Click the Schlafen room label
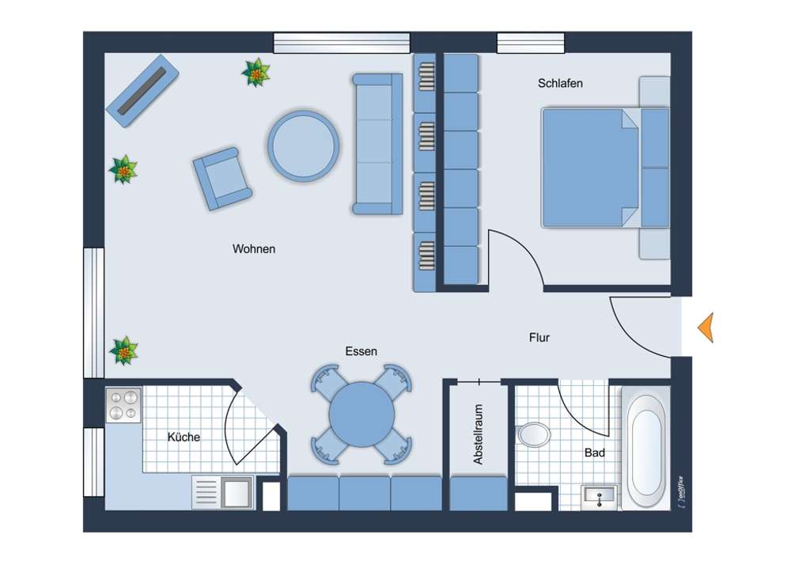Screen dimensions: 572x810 [560, 83]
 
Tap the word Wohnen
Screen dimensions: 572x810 [254, 249]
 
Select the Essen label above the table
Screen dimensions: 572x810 [361, 351]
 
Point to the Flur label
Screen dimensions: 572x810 [539, 338]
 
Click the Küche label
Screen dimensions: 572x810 [184, 437]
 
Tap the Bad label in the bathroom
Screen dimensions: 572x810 [595, 453]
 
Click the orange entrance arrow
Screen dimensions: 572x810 [705, 328]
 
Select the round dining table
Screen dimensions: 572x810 [361, 415]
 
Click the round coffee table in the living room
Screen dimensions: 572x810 [304, 146]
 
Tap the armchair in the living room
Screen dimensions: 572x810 [221, 178]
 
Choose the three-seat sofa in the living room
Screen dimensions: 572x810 [377, 144]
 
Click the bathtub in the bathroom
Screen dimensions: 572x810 [645, 446]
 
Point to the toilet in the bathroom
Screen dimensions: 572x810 [534, 434]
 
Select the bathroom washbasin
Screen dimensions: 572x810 [599, 497]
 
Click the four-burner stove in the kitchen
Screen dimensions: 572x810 [123, 404]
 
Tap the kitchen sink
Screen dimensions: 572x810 [237, 492]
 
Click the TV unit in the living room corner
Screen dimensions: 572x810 [142, 91]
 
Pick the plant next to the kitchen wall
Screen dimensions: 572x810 [123, 350]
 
